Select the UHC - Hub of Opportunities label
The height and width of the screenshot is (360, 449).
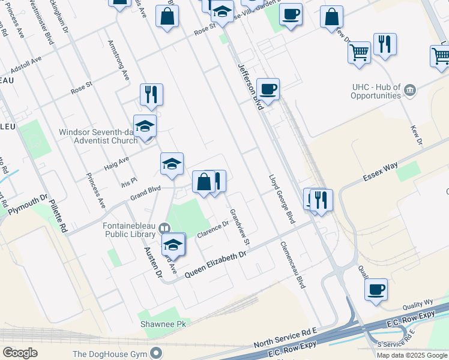pos(376,91)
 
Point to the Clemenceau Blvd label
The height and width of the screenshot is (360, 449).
pos(294,265)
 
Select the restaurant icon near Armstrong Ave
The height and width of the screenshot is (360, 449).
pos(151,94)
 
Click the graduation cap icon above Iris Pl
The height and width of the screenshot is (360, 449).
pos(172,164)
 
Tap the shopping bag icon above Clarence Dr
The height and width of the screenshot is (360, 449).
pos(203,182)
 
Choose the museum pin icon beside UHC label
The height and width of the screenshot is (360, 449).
pos(411,91)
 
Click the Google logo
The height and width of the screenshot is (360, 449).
pos(20,353)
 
